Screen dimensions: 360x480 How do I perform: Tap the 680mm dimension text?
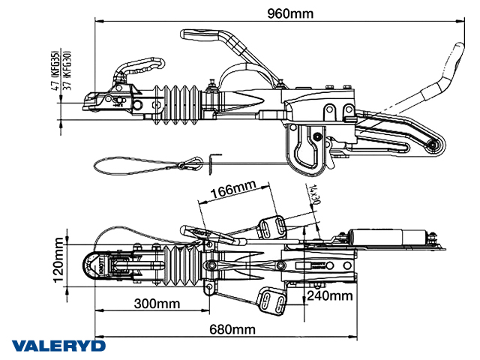(x=231, y=329)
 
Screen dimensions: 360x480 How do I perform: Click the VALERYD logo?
(x=58, y=346)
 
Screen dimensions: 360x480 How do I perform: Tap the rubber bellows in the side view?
(x=178, y=105)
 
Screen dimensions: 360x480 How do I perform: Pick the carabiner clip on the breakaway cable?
(x=190, y=163)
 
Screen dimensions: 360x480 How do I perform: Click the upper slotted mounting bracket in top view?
(x=272, y=226)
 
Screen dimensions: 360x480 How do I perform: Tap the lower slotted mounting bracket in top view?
(x=271, y=301)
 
